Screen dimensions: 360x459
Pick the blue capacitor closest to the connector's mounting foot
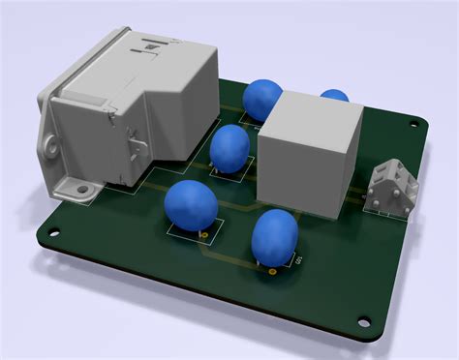click(x=190, y=204)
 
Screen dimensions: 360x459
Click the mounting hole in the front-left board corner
click(x=51, y=233)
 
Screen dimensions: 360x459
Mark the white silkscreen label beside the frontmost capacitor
click(x=298, y=259)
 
